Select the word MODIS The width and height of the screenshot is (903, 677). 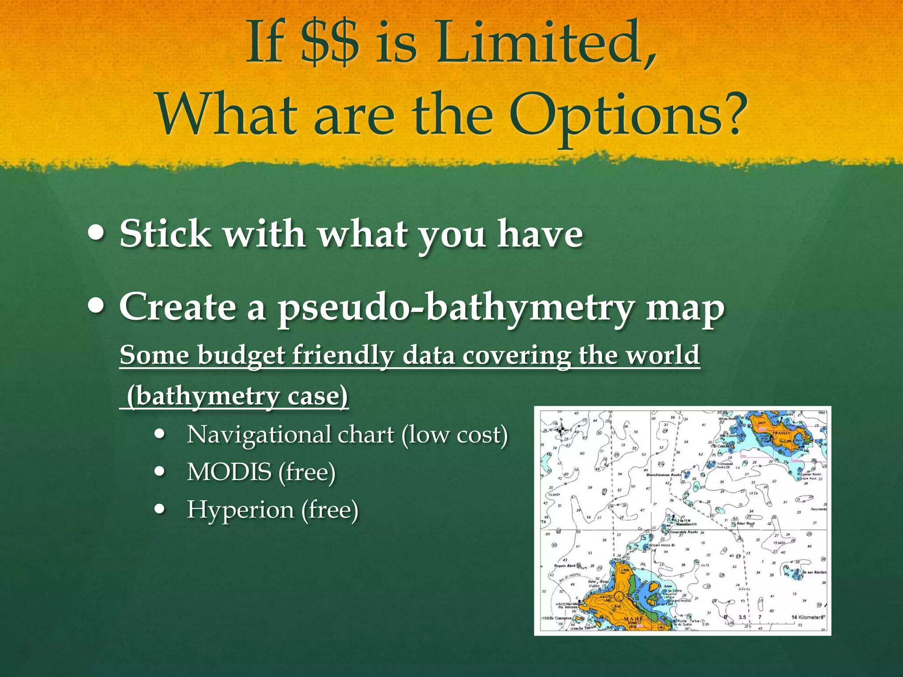coord(229,472)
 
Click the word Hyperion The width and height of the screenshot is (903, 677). coord(240,510)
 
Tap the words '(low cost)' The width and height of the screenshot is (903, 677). coord(455,435)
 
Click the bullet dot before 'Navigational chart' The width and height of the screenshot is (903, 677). coord(160,435)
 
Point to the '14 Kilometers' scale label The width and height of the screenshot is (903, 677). coord(806,617)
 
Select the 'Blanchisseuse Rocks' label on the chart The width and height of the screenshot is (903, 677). coord(664,475)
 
